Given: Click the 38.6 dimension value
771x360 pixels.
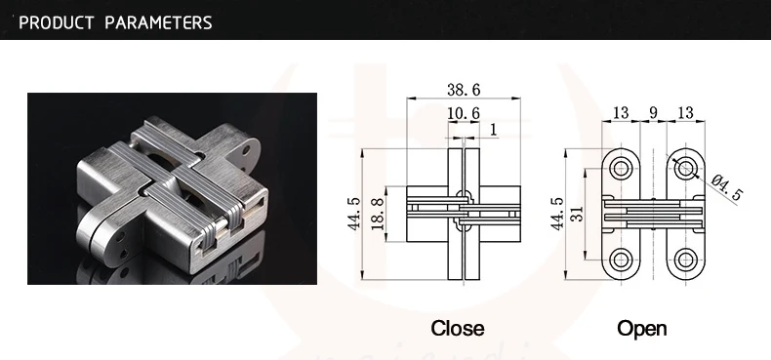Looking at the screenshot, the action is tap(464, 90).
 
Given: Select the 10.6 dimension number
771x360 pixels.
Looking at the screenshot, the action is tap(464, 113).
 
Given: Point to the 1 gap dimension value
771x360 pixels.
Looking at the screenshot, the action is tap(494, 130).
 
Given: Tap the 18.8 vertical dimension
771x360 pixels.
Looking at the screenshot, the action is tap(378, 214).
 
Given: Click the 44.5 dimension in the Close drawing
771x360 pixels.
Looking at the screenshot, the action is tap(354, 214).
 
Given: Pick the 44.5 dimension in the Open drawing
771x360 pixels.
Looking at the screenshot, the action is tap(558, 214).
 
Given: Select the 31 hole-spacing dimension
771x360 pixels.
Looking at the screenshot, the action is tap(578, 213).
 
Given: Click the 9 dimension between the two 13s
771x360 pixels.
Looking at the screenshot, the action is tap(653, 112).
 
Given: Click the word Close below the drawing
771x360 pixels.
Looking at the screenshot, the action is tap(458, 328).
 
